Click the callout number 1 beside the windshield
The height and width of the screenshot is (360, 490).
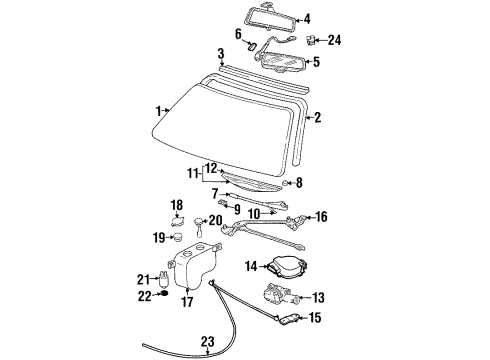156,110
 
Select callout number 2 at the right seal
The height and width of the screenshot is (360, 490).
317,118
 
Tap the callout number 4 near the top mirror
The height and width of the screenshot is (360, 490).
307,18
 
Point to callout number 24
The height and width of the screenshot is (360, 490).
334,41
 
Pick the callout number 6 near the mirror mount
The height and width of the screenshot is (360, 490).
239,33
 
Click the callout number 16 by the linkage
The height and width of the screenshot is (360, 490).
321,216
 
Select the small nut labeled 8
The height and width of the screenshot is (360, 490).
287,183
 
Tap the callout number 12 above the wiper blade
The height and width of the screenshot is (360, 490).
211,167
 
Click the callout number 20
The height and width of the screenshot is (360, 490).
215,220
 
